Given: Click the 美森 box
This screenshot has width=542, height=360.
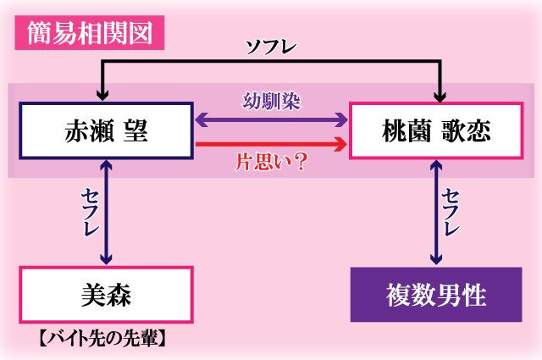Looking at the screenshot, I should (106, 294).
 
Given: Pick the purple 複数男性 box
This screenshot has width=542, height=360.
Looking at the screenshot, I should (436, 295).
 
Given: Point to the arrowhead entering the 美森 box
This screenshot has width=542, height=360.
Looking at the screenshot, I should (105, 259).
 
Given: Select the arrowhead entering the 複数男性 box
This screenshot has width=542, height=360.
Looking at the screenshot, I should (436, 259).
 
